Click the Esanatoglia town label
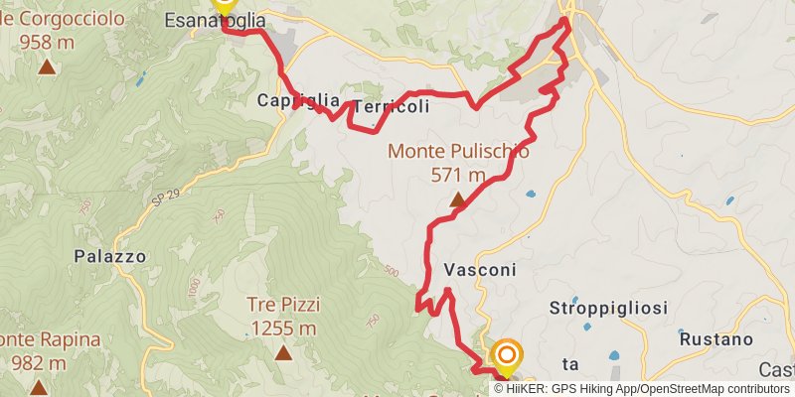click(x=215, y=20)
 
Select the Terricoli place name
click(x=392, y=106)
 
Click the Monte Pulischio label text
click(x=458, y=152)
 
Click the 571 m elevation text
click(x=458, y=176)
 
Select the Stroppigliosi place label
click(x=607, y=308)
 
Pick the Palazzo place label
click(x=110, y=256)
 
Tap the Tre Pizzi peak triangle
click(x=283, y=352)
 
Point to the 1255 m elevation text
click(x=283, y=329)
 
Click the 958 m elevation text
click(x=47, y=43)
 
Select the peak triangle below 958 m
click(x=47, y=67)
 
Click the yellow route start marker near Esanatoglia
click(x=224, y=5)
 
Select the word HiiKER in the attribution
click(x=525, y=389)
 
